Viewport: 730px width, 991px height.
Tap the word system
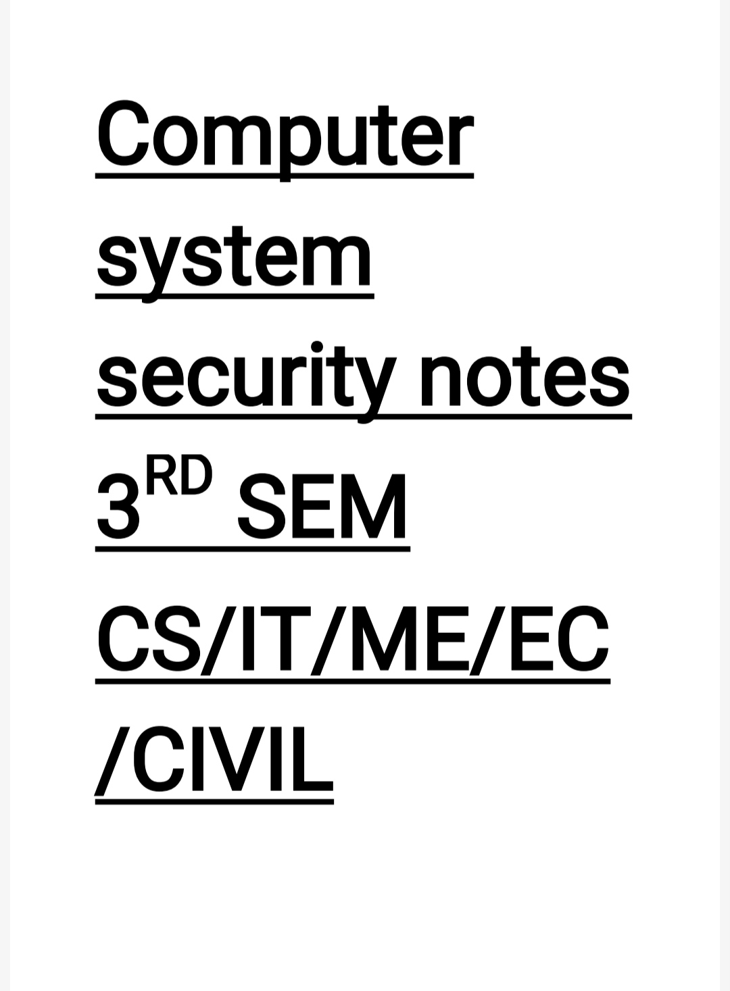point(234,260)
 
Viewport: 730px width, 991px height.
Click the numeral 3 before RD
point(118,507)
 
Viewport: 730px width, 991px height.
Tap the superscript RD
point(180,476)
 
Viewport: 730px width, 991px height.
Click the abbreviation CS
point(149,638)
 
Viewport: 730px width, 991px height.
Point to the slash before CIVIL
point(112,760)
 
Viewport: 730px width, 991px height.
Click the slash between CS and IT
point(219,639)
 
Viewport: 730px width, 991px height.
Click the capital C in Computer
point(123,133)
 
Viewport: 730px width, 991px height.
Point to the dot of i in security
point(316,347)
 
